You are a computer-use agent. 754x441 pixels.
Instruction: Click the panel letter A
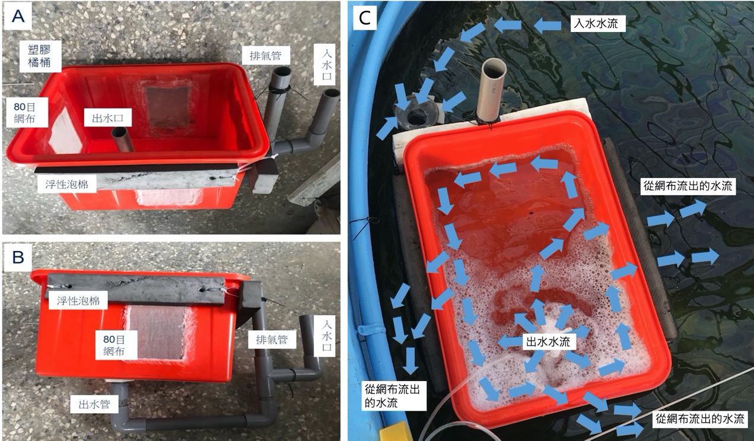(18, 15)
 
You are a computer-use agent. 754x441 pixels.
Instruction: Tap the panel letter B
(18, 258)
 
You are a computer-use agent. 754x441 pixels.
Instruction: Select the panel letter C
(365, 18)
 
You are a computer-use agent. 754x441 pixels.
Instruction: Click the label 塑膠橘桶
(40, 56)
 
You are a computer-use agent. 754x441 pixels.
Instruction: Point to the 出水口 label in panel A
(108, 118)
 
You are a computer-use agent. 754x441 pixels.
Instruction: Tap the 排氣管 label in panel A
(266, 55)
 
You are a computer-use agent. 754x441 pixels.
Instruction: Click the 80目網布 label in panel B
(114, 345)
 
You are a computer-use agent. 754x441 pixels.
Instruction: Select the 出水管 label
(94, 404)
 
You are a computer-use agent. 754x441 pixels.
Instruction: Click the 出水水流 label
(548, 342)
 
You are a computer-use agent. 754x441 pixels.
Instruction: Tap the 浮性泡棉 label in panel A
(67, 184)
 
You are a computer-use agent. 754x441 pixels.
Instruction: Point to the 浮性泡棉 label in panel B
(78, 300)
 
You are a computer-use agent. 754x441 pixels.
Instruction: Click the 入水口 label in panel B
(326, 336)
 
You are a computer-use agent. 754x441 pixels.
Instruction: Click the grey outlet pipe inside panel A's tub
(122, 139)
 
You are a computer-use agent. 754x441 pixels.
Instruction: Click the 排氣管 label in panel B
(272, 340)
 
